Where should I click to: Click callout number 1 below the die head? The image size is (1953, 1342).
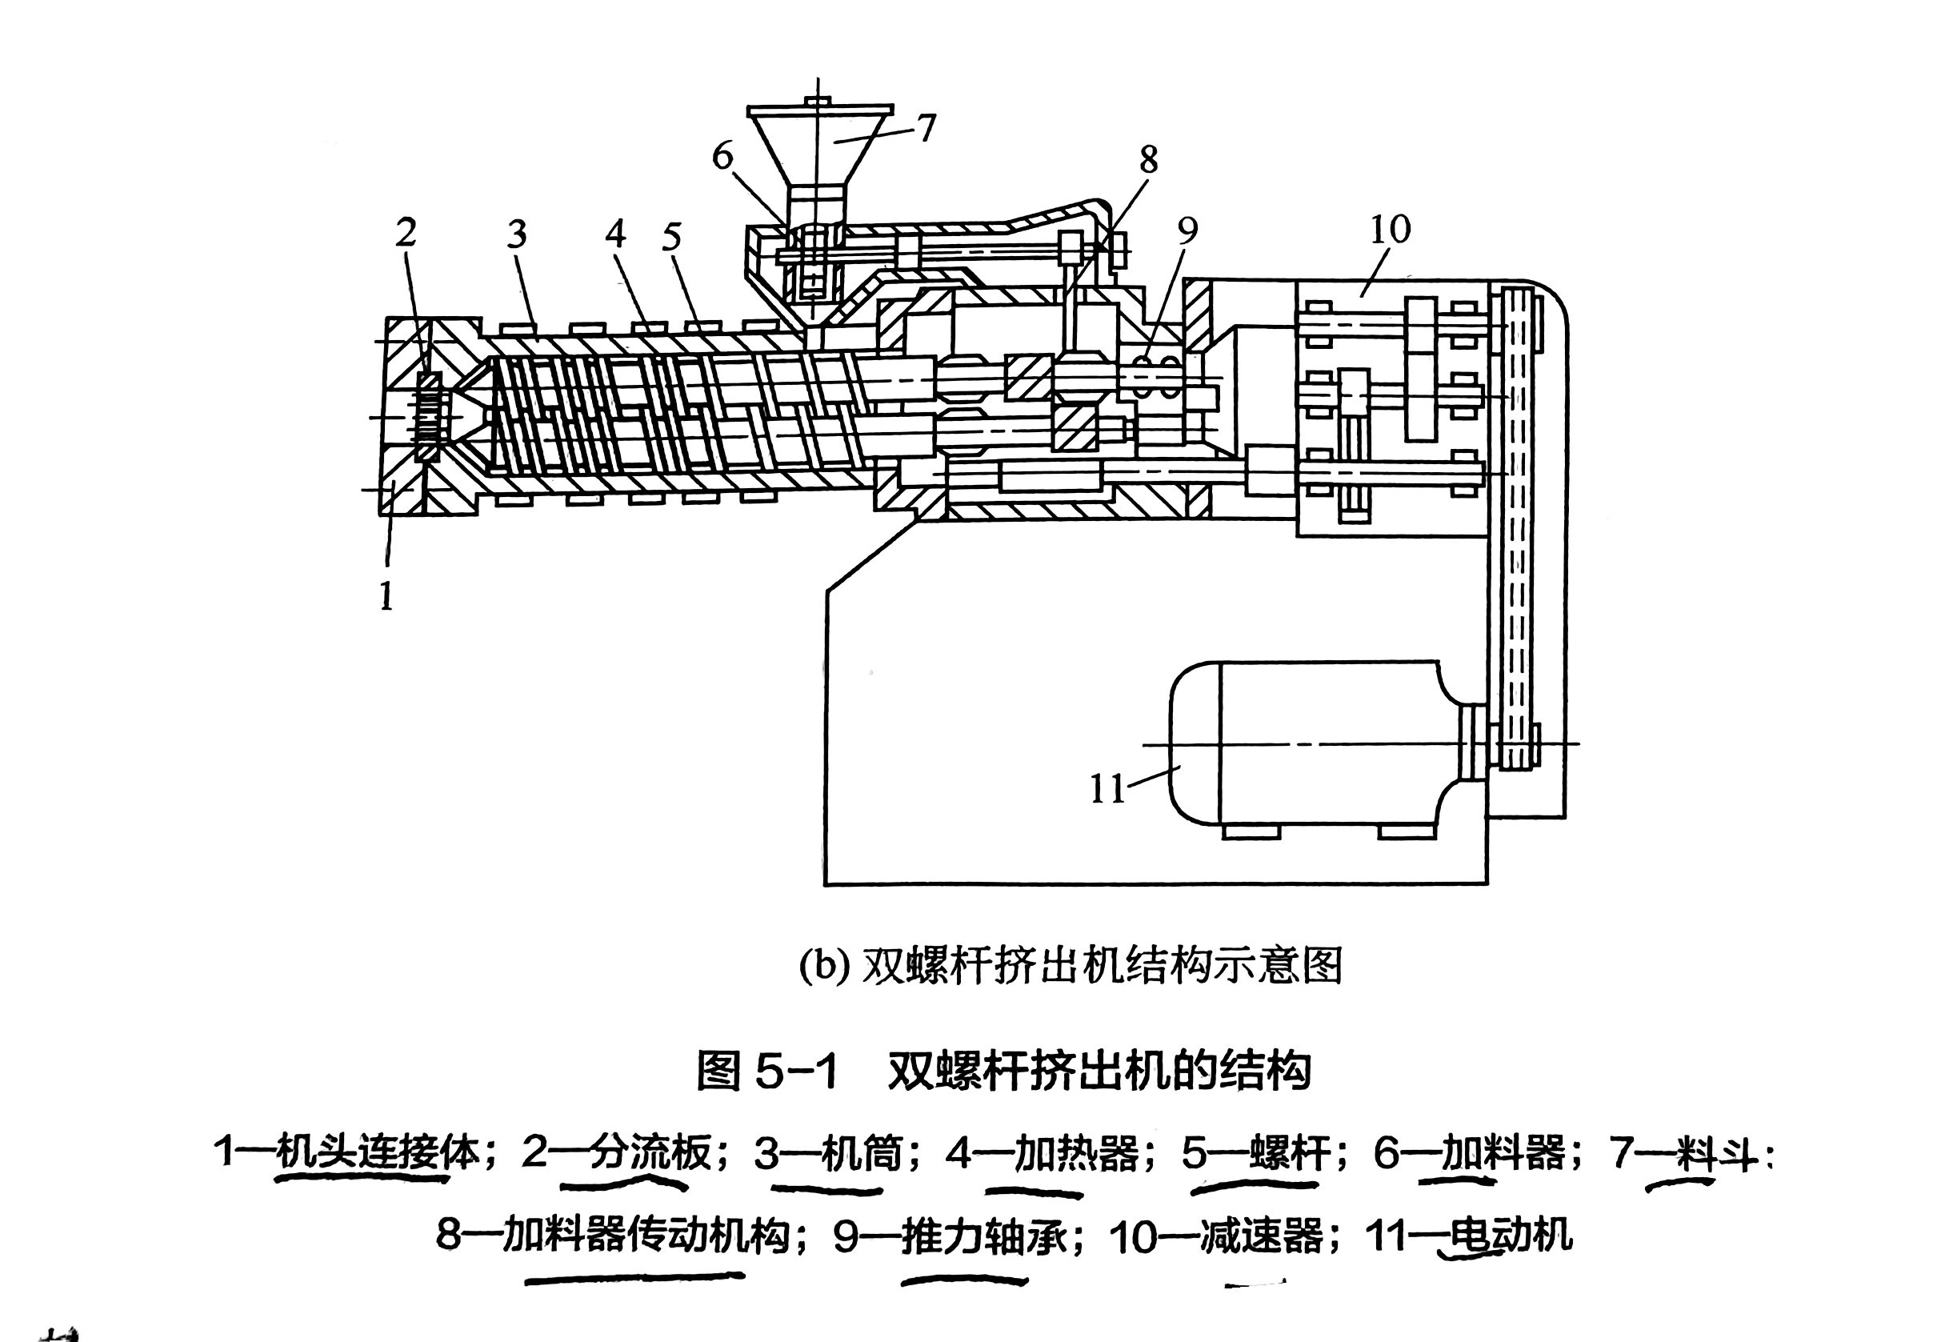tap(386, 595)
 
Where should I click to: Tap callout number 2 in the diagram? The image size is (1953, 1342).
tap(406, 232)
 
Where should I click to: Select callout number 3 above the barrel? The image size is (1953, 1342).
tap(516, 234)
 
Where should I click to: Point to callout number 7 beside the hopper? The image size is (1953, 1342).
tap(926, 129)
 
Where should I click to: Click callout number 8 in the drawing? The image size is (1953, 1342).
tap(1148, 159)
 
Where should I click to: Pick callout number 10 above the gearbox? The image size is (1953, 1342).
tap(1391, 230)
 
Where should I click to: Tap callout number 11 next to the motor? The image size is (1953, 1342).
tap(1107, 789)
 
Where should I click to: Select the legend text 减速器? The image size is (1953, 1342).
tap(1261, 1236)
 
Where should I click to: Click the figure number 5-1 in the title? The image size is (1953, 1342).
tap(796, 1072)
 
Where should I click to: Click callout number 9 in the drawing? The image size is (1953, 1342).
tap(1187, 230)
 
